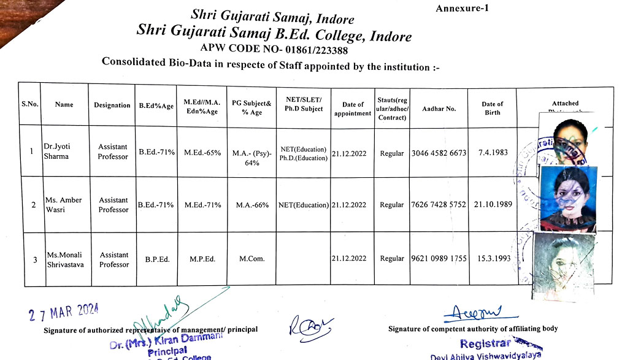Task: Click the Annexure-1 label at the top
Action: [462, 8]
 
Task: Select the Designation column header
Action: [112, 105]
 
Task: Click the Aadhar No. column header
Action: [439, 109]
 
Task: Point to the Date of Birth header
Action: [492, 109]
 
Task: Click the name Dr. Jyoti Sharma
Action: [56, 151]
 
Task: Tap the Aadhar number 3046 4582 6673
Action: [439, 153]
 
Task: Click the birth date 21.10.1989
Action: [493, 204]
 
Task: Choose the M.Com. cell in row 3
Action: [252, 259]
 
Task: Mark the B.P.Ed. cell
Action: [157, 259]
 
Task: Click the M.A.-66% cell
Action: [252, 205]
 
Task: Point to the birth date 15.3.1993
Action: [494, 258]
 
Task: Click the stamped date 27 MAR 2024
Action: [64, 313]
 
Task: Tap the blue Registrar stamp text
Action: [486, 343]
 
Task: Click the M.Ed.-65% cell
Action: [202, 153]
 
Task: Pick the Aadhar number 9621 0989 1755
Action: [439, 258]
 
